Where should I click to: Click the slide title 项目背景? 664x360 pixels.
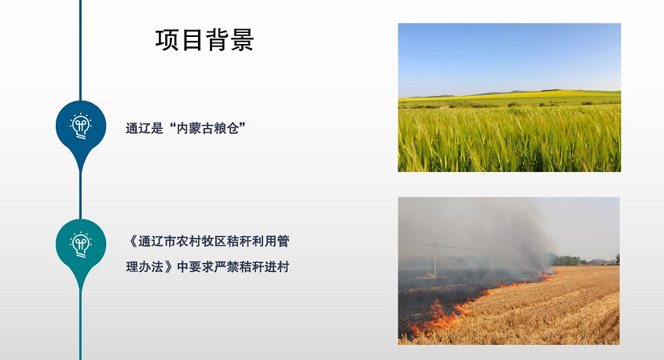tap(204, 40)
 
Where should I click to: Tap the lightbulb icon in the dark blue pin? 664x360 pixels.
tap(80, 126)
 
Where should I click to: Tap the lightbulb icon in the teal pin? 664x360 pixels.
tap(80, 244)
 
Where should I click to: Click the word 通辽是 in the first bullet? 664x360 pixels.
tap(145, 128)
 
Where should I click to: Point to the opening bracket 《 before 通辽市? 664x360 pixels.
tap(132, 241)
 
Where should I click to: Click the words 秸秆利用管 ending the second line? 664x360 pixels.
tap(259, 241)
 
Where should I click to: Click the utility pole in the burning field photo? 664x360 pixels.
tap(435, 259)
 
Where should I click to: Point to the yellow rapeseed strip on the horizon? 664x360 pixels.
tap(508, 94)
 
